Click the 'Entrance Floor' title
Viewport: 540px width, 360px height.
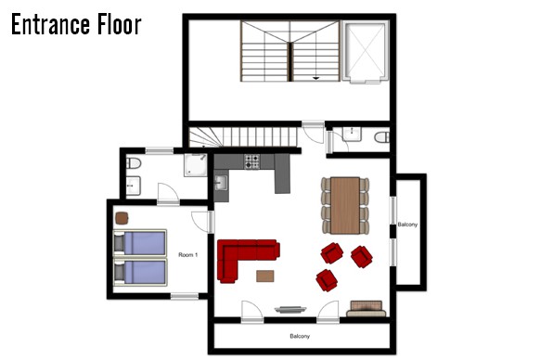(76, 24)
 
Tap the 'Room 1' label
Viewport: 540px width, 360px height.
(188, 255)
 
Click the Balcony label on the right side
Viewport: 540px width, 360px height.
(407, 225)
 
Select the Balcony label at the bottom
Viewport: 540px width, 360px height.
(300, 336)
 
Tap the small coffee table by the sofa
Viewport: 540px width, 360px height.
(265, 276)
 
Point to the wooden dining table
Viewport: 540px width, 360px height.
(345, 206)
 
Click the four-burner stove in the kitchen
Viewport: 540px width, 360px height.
(252, 161)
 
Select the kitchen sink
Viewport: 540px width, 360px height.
(221, 183)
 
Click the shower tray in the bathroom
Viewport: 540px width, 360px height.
(196, 165)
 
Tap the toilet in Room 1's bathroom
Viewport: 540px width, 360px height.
(134, 163)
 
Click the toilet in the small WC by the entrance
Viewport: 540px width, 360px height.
(382, 137)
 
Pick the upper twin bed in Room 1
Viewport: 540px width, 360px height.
(140, 243)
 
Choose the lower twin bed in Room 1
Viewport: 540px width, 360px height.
(140, 272)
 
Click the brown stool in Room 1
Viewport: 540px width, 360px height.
(122, 218)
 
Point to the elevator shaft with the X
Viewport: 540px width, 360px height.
(366, 52)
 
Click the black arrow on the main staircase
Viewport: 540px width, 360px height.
(315, 79)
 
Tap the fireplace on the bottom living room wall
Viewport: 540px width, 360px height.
(290, 310)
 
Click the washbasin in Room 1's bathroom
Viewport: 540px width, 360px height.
(134, 186)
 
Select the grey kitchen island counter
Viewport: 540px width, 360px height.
(282, 174)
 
